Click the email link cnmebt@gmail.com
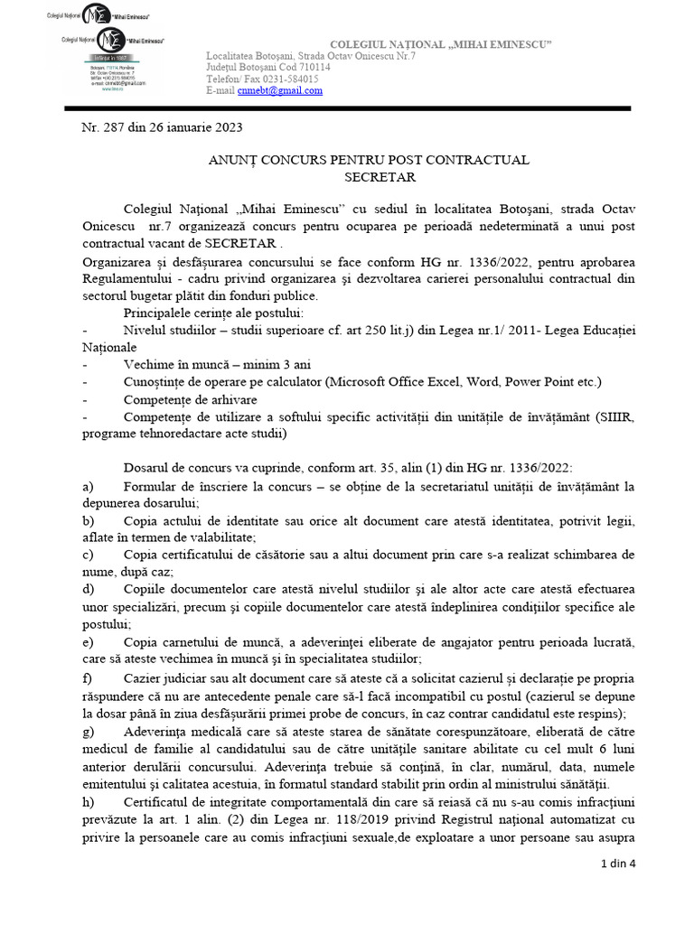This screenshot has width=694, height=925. [268, 91]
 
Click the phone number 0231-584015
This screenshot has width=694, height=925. [289, 79]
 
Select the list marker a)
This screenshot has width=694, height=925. [88, 487]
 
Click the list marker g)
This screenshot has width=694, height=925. [88, 731]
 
